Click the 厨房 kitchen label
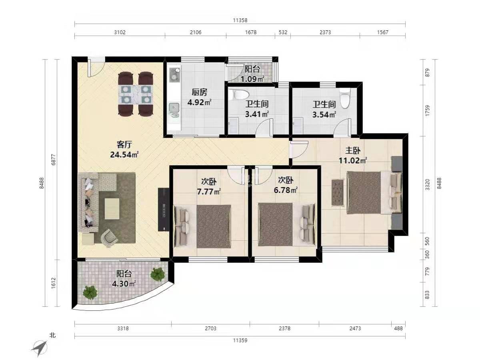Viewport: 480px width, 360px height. tap(199, 92)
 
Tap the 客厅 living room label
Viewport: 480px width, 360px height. tap(124, 145)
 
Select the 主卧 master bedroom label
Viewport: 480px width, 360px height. tap(353, 150)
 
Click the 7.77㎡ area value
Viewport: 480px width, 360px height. tap(209, 192)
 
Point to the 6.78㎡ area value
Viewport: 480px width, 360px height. tap(286, 190)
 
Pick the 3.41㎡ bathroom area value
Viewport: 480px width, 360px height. tap(257, 114)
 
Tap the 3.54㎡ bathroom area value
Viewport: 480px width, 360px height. tap(324, 114)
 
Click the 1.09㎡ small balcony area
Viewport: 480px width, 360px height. tap(252, 79)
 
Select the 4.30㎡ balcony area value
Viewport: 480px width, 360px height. tap(124, 284)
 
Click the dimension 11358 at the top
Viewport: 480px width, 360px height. tap(240, 20)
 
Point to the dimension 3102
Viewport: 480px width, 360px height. tap(120, 32)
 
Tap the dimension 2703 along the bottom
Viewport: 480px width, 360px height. tap(210, 328)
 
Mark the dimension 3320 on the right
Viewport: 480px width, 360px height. tap(428, 185)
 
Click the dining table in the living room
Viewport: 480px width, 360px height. tap(136, 94)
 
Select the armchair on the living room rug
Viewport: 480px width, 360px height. tap(109, 238)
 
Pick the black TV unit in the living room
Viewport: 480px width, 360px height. tap(164, 209)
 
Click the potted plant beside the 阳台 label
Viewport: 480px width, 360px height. tap(157, 274)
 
